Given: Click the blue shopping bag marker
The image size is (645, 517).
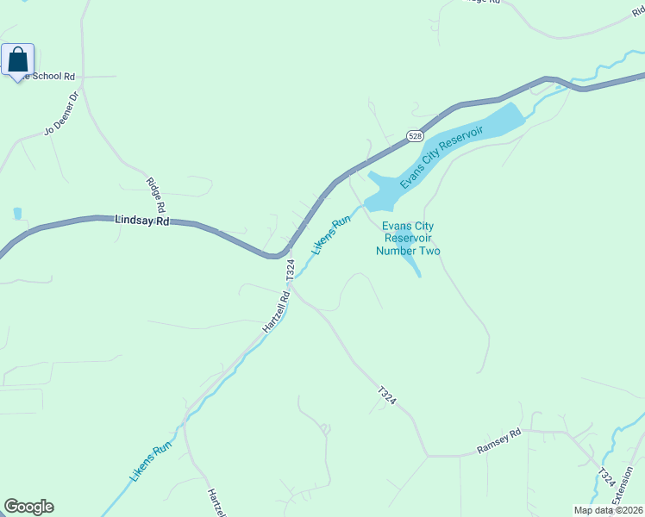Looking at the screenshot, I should click(x=18, y=60).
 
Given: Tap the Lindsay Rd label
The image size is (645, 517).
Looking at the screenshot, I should click(x=142, y=221).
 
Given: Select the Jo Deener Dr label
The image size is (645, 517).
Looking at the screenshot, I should click(x=61, y=115).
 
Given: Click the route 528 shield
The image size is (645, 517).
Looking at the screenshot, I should click(x=416, y=136).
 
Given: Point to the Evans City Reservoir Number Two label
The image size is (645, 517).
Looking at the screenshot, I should click(x=409, y=238).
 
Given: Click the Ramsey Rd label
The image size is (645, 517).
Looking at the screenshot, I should click(x=499, y=442).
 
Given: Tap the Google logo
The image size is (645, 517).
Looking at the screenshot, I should click(x=28, y=507).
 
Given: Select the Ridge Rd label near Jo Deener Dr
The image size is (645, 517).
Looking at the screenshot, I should click(x=155, y=195).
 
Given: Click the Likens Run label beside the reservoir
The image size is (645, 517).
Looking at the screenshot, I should click(x=332, y=234).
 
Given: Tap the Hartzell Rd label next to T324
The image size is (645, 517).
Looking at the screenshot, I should click(x=272, y=318).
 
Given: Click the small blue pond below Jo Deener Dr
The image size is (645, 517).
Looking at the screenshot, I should click(x=18, y=213).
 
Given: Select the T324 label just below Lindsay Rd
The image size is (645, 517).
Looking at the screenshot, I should click(x=291, y=270).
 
